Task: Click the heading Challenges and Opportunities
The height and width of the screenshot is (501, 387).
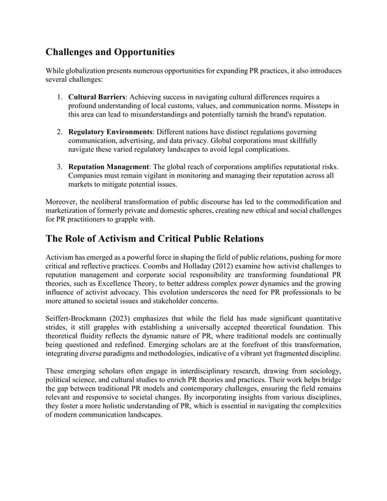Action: point(110,52)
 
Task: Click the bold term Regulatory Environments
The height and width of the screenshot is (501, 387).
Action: point(110,132)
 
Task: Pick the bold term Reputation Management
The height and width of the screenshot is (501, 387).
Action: point(109,167)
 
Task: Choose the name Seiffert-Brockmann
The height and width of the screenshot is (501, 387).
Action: point(77,319)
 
